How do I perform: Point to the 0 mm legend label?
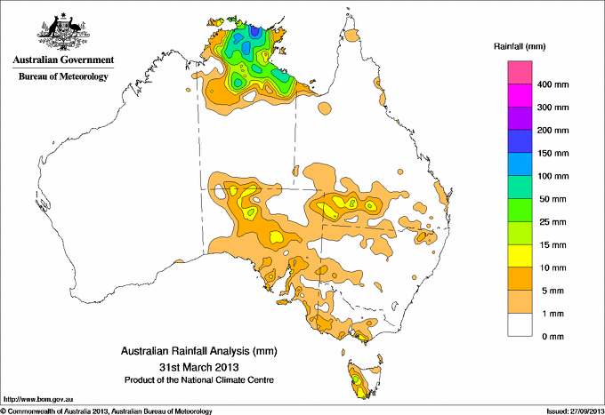553,336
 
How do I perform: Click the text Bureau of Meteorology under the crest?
63,77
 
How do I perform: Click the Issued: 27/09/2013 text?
569,410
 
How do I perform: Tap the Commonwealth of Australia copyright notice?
107,410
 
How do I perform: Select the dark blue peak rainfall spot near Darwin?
256,32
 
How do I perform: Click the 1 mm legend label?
553,313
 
